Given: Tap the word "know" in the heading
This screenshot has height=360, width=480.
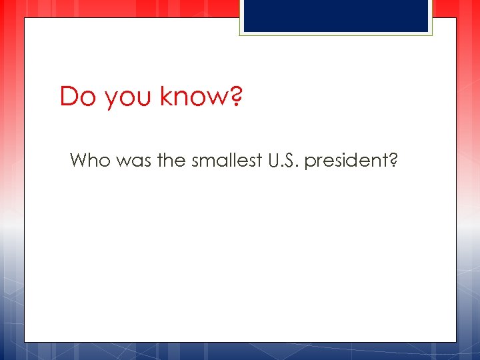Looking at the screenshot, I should [189, 97].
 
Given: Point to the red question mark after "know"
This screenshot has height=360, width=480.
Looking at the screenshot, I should [236, 97].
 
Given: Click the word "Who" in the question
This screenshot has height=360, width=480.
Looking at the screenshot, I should [89, 160].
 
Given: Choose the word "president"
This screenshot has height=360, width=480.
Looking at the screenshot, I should [345, 161].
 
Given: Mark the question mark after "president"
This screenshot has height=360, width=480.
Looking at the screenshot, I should [393, 160].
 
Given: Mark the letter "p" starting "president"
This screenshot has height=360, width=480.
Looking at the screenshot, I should [309, 163].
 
